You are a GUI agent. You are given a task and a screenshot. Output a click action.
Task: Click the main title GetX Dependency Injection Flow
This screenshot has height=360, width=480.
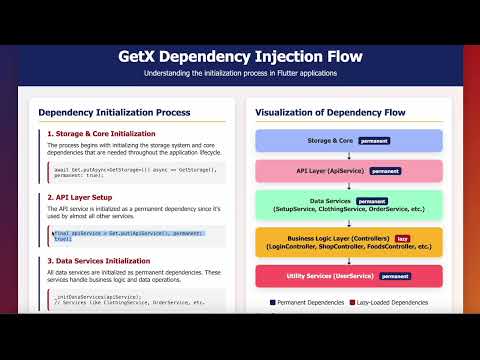pyautogui.click(x=240, y=56)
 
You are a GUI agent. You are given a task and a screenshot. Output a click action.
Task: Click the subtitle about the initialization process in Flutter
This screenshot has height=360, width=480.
pyautogui.click(x=240, y=73)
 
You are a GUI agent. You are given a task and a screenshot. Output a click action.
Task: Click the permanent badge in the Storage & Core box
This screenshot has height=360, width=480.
pyautogui.click(x=373, y=142)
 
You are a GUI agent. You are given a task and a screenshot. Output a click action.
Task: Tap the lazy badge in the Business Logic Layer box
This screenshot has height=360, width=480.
pyautogui.click(x=403, y=238)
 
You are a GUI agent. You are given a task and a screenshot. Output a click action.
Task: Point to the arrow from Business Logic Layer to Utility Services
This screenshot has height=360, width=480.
pyautogui.click(x=348, y=261)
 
